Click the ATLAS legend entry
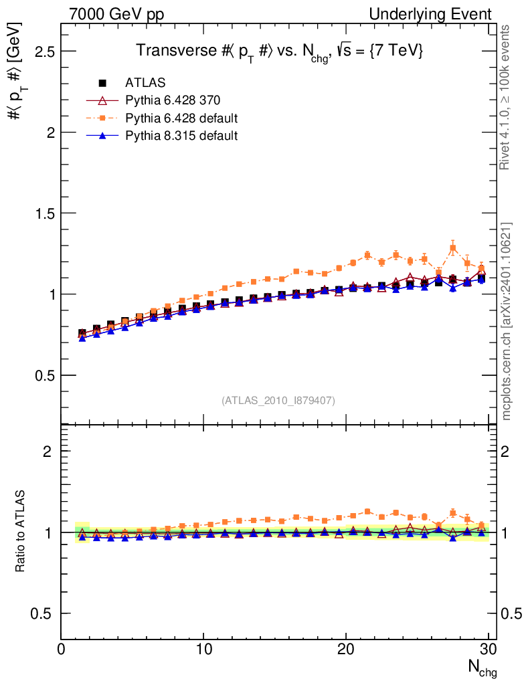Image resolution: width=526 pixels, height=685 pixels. pyautogui.click(x=145, y=83)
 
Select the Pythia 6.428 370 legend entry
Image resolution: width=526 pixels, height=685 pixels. pyautogui.click(x=172, y=101)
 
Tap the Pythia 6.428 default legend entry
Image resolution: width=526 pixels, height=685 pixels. pyautogui.click(x=181, y=118)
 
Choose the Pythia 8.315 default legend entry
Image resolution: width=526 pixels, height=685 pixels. pyautogui.click(x=181, y=136)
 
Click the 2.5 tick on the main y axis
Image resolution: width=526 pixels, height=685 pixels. pyautogui.click(x=41, y=52)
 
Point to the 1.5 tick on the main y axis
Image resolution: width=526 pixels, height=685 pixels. pyautogui.click(x=41, y=213)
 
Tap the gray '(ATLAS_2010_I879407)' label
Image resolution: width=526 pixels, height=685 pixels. pyautogui.click(x=278, y=400)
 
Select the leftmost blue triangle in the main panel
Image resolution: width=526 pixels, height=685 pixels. pyautogui.click(x=82, y=338)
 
